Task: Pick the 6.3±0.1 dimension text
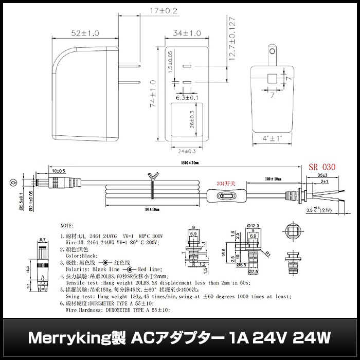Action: tap(187, 97)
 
